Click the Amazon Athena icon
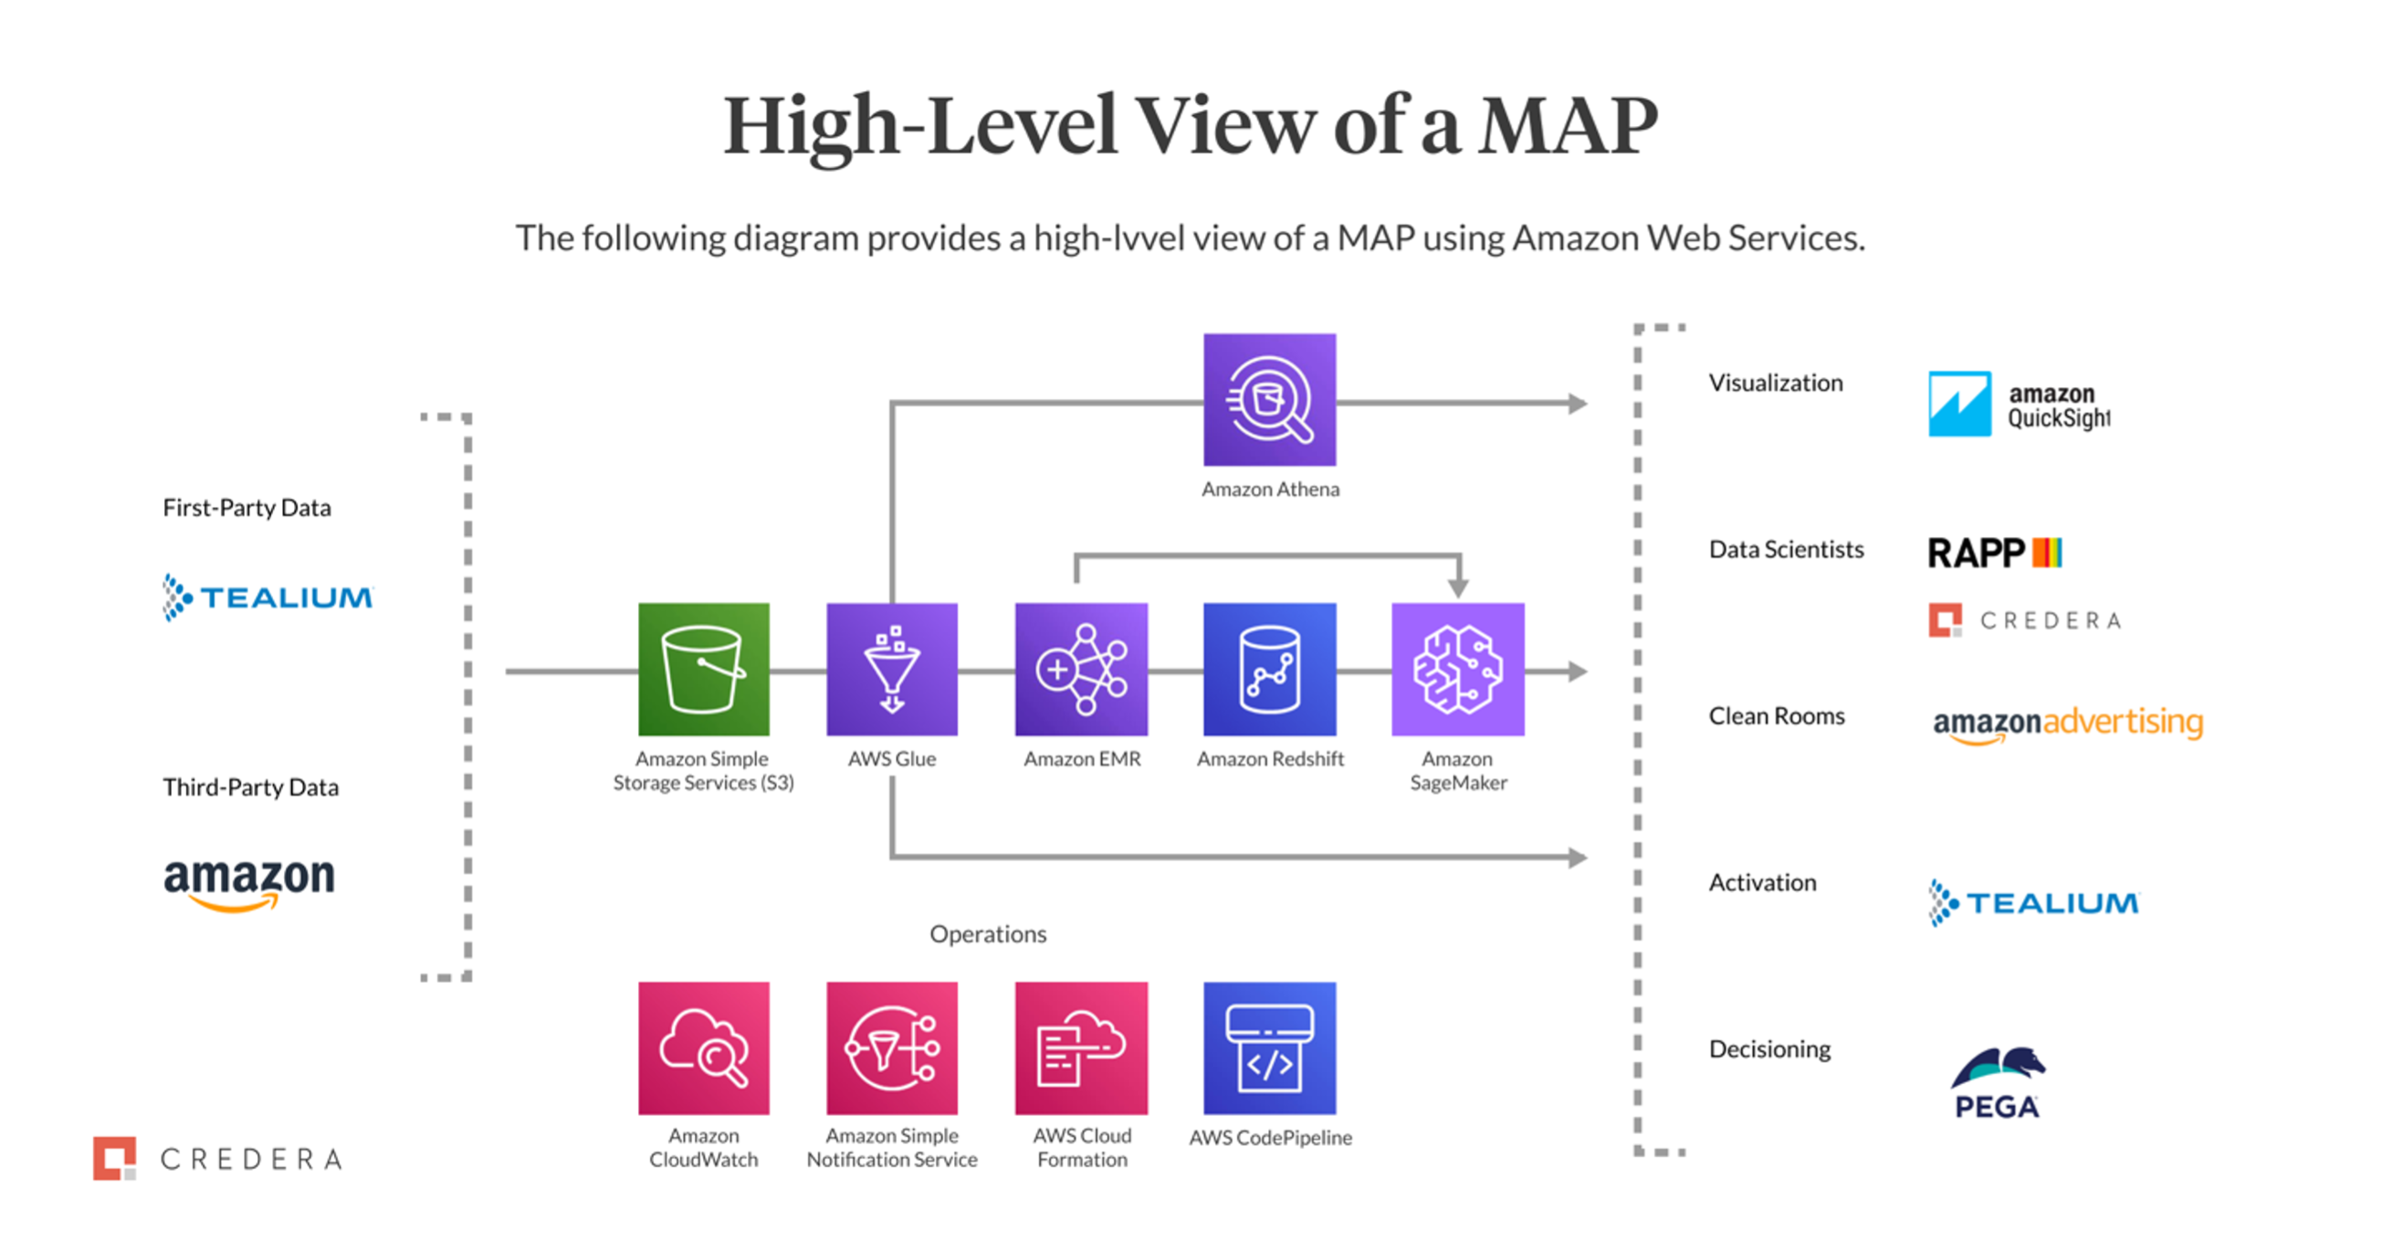click(x=1270, y=399)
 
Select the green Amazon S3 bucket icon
click(x=704, y=669)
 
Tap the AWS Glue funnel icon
click(x=892, y=669)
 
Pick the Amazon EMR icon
click(x=1081, y=669)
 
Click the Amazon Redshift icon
click(x=1270, y=669)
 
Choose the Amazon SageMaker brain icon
click(x=1458, y=669)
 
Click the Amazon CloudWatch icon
click(x=704, y=1047)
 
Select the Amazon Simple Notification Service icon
click(x=892, y=1047)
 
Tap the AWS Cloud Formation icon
click(x=1081, y=1047)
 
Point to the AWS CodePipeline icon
click(x=1270, y=1047)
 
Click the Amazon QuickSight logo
click(x=2020, y=404)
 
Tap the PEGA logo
click(x=1998, y=1083)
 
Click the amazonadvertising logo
click(x=2068, y=723)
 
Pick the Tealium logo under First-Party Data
click(x=268, y=597)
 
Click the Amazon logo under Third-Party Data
click(x=249, y=881)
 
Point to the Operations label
click(x=988, y=934)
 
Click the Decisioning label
click(x=1770, y=1048)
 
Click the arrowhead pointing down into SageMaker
click(x=1458, y=586)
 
